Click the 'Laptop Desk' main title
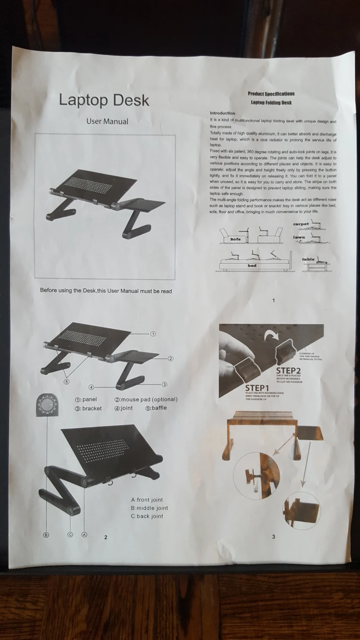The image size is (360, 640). pos(104,100)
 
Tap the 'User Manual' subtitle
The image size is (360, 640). pos(107,121)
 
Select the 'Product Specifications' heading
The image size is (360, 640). pos(271,93)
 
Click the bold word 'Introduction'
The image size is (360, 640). pos(223,113)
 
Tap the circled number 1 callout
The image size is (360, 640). pos(153,333)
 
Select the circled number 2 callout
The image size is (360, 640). pos(170,359)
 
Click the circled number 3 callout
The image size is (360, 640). pos(164,384)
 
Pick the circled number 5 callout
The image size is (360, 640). pos(67,381)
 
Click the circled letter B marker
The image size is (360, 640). pos(47,535)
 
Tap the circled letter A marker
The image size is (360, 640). pos(84,535)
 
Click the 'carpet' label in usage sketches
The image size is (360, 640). pos(301,224)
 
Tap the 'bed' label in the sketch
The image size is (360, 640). pos(252,266)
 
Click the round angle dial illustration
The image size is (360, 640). pos(47,404)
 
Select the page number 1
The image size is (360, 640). pos(274,301)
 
